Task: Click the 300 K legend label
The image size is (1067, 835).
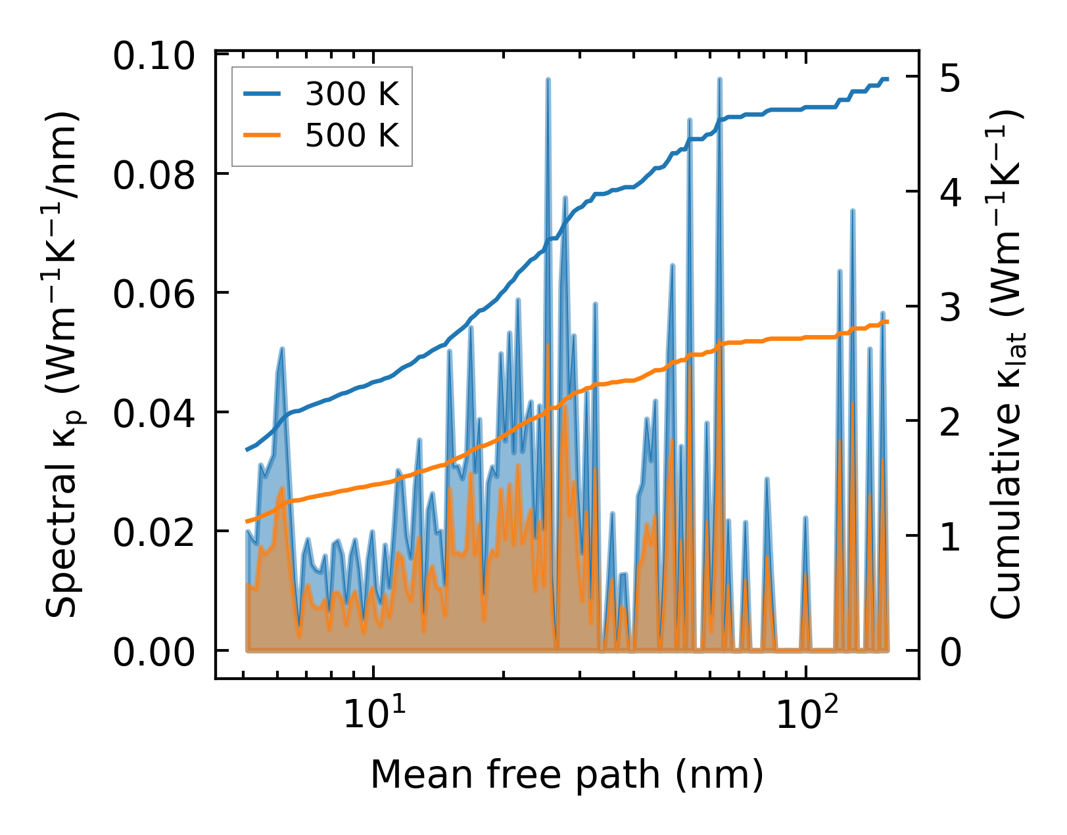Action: (x=352, y=95)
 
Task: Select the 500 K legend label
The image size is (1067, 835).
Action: (x=352, y=136)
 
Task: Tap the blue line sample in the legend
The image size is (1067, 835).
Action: (x=262, y=95)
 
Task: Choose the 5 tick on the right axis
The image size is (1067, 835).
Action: (x=951, y=78)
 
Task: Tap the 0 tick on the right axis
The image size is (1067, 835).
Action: (x=951, y=652)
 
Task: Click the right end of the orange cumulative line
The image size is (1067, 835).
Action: (x=888, y=322)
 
